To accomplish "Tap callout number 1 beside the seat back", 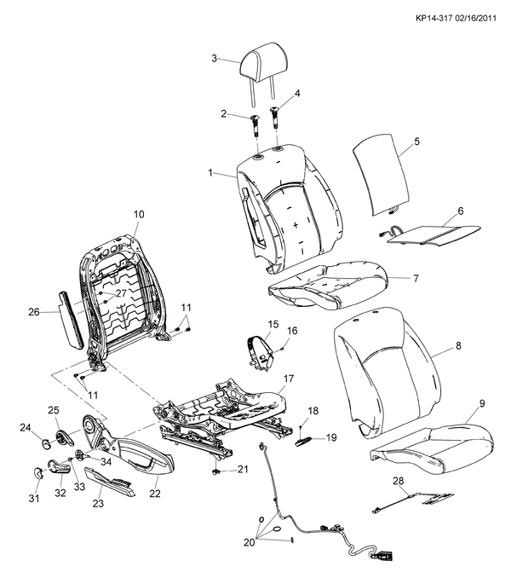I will (210, 173).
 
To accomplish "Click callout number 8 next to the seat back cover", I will (457, 346).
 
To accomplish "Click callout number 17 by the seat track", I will (289, 379).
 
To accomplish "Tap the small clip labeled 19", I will (304, 441).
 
